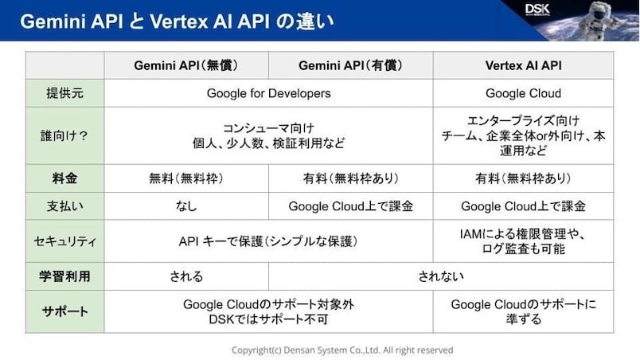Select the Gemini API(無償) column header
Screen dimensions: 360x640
[x=186, y=65]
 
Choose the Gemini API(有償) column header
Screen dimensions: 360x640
[x=351, y=65]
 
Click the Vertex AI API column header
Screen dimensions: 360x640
[x=523, y=65]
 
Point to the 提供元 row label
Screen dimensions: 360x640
[x=65, y=93]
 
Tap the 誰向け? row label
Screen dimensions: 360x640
[x=65, y=135]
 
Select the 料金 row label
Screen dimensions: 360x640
[x=65, y=178]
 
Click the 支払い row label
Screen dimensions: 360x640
[x=65, y=206]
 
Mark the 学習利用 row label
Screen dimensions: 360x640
[x=65, y=276]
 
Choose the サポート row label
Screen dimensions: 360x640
[x=65, y=311]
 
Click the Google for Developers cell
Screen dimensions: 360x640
[x=268, y=93]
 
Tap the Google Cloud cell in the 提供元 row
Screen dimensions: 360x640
[x=523, y=93]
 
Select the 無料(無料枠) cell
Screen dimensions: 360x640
[x=186, y=178]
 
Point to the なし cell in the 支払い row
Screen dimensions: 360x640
[x=186, y=206]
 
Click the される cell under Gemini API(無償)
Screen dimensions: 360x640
[x=186, y=276]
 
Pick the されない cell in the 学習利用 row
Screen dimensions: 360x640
[x=441, y=276]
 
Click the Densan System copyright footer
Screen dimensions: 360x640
[x=342, y=350]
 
